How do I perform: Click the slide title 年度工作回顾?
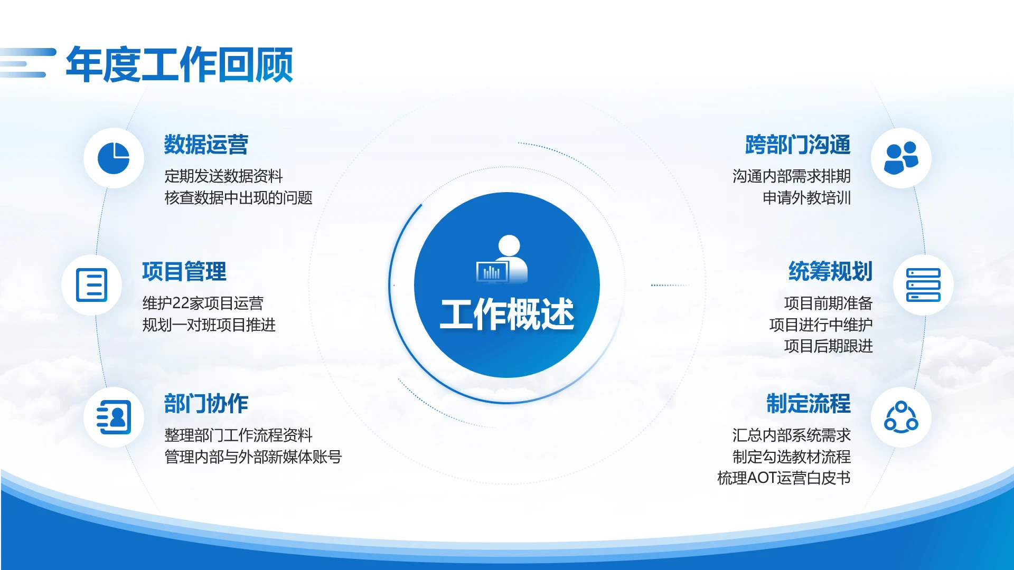(x=179, y=64)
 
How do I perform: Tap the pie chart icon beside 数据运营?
(x=114, y=158)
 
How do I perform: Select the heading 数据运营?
(x=206, y=145)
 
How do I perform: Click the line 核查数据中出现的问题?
(x=238, y=198)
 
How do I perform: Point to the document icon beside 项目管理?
(x=91, y=285)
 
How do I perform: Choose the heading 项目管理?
(x=184, y=272)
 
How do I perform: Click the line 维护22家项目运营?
(x=203, y=303)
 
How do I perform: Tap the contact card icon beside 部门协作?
(x=114, y=417)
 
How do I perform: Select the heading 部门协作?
(x=206, y=404)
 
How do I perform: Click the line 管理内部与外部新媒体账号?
(x=253, y=457)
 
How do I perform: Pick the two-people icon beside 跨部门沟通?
(x=901, y=158)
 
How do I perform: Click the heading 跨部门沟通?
(x=797, y=145)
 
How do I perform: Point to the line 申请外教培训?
(x=806, y=198)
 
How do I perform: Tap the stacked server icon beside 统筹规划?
(x=923, y=285)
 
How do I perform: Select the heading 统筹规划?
(x=830, y=272)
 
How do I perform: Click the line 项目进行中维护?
(x=821, y=325)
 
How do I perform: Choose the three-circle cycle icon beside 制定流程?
(x=901, y=417)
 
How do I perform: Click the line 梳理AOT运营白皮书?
(x=784, y=478)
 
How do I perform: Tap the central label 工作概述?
(x=507, y=315)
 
